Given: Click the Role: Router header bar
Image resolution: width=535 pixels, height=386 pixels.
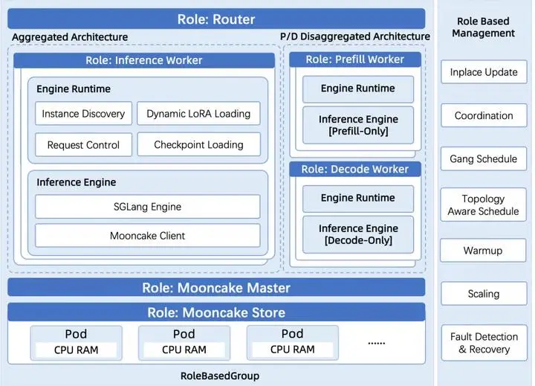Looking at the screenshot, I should pyautogui.click(x=216, y=19).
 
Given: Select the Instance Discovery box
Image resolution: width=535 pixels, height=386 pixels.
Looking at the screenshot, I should pyautogui.click(x=83, y=114).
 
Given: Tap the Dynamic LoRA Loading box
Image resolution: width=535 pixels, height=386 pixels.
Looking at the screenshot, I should pyautogui.click(x=198, y=114).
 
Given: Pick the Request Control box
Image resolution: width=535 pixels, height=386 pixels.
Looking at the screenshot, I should pyautogui.click(x=83, y=145).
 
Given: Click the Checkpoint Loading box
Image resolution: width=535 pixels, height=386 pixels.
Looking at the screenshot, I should pyautogui.click(x=198, y=145).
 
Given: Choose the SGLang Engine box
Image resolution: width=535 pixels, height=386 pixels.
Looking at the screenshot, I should pyautogui.click(x=147, y=206).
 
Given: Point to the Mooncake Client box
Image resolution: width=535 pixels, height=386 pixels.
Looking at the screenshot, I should pyautogui.click(x=147, y=236).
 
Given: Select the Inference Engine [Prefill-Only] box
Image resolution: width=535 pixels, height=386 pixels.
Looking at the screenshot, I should pyautogui.click(x=357, y=125).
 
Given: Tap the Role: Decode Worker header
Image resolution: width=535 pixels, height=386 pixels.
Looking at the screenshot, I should pyautogui.click(x=354, y=169).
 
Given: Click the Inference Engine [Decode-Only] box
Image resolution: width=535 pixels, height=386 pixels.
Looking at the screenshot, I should pyautogui.click(x=357, y=234).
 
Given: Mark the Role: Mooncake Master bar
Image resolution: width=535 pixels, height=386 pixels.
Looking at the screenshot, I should pyautogui.click(x=216, y=287).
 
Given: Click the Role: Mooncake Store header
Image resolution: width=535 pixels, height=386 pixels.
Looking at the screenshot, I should pyautogui.click(x=216, y=312).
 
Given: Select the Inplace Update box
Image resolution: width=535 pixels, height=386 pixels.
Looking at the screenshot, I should pyautogui.click(x=484, y=72).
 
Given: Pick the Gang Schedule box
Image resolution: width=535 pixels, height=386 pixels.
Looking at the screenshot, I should pyautogui.click(x=484, y=158).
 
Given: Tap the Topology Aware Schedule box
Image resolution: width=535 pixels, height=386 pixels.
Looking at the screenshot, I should pyautogui.click(x=484, y=205).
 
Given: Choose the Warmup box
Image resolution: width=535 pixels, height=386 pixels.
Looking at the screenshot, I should pyautogui.click(x=484, y=251).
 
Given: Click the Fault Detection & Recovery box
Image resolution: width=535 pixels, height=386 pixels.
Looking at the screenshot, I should pyautogui.click(x=484, y=343).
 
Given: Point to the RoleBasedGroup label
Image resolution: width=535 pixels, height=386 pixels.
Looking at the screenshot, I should pyautogui.click(x=220, y=376).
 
